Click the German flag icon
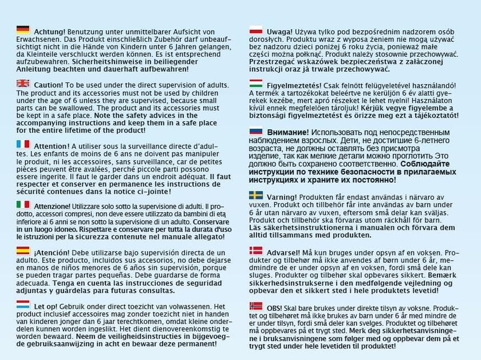click(x=23, y=29)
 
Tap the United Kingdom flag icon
click(x=23, y=84)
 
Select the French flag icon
click(x=23, y=144)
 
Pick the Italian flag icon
click(x=23, y=204)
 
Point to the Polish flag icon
click(x=256, y=30)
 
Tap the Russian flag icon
click(x=256, y=131)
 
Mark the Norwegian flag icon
click(x=256, y=306)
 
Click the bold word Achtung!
click(x=49, y=30)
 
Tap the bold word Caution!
click(x=48, y=85)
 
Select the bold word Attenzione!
click(x=52, y=205)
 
